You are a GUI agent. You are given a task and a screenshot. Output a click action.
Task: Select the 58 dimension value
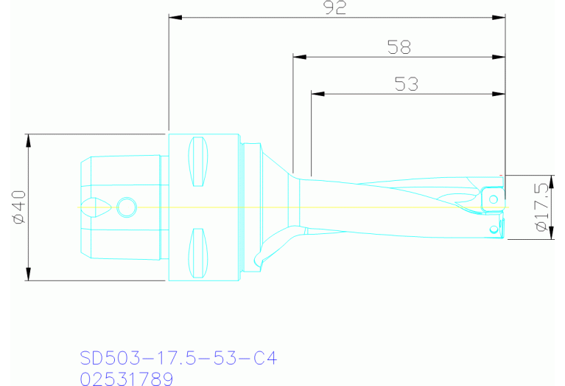[x=399, y=47]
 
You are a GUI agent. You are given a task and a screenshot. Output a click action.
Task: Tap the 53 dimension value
[x=406, y=85]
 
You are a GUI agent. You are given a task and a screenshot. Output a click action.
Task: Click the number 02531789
[x=126, y=379]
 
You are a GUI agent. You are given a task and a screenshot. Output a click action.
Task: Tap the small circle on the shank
[x=127, y=207]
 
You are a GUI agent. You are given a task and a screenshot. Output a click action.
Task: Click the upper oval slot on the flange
[x=198, y=162]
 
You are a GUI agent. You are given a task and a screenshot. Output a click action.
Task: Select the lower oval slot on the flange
[x=198, y=252]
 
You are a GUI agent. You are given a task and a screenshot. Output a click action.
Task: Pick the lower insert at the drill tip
[x=493, y=228]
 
